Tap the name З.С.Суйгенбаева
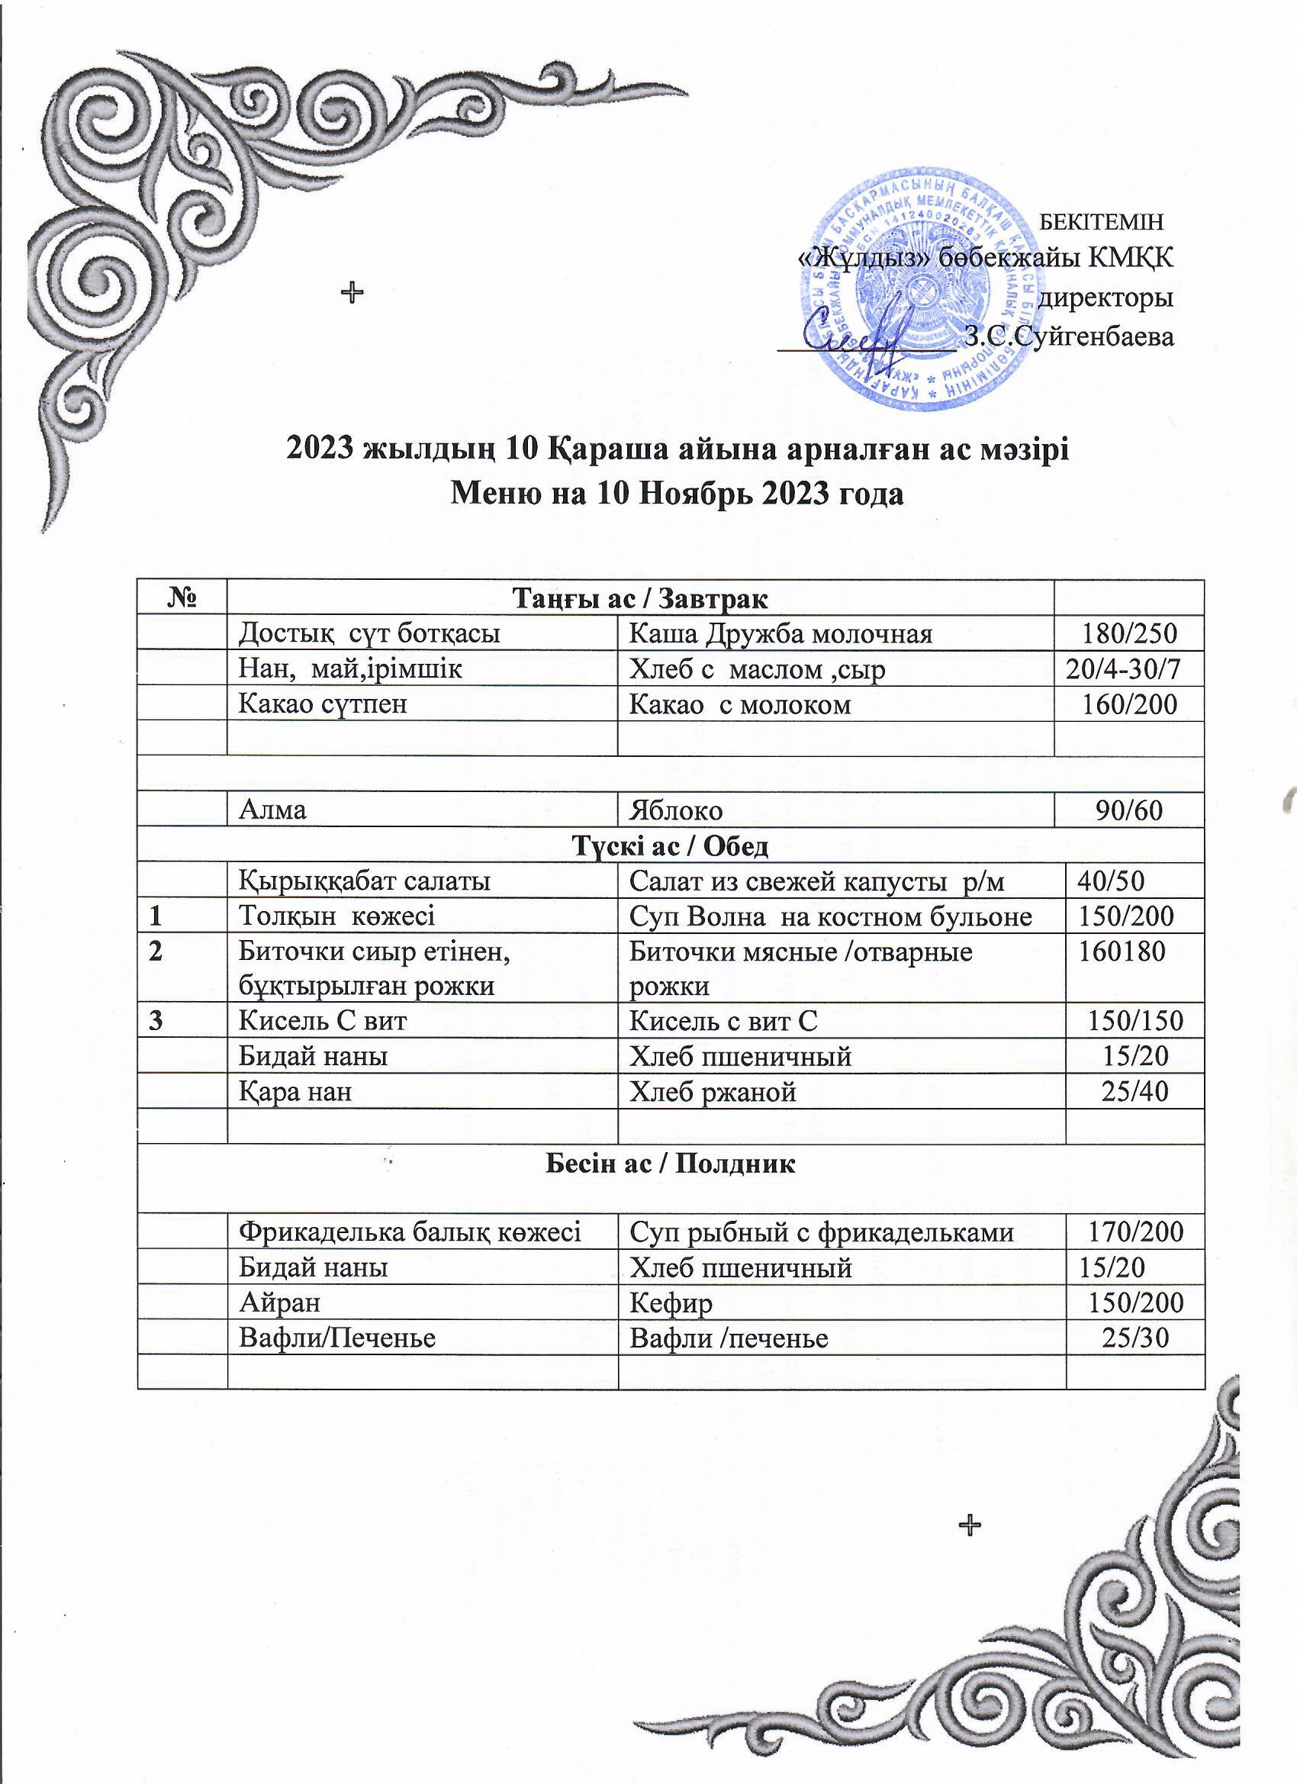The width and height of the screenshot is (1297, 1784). point(1070,337)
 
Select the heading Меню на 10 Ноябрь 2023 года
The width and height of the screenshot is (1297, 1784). point(677,493)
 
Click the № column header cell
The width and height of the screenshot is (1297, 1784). point(182,598)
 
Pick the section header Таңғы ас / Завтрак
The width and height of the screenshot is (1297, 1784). point(640,598)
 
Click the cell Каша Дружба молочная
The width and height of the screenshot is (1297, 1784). point(780,633)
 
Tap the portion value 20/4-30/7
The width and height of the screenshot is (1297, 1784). point(1123,668)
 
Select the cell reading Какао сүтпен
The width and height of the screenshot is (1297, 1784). point(323,704)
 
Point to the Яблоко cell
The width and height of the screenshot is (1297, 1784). point(676,810)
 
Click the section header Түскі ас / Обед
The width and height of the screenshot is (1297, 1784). point(670,845)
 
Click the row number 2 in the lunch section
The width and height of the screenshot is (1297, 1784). point(156,952)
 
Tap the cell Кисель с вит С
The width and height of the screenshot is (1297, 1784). point(723,1021)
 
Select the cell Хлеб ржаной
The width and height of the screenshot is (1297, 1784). point(713,1092)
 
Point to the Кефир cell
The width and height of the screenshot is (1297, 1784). point(671,1303)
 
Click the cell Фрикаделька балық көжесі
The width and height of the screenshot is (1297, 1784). point(410,1231)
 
